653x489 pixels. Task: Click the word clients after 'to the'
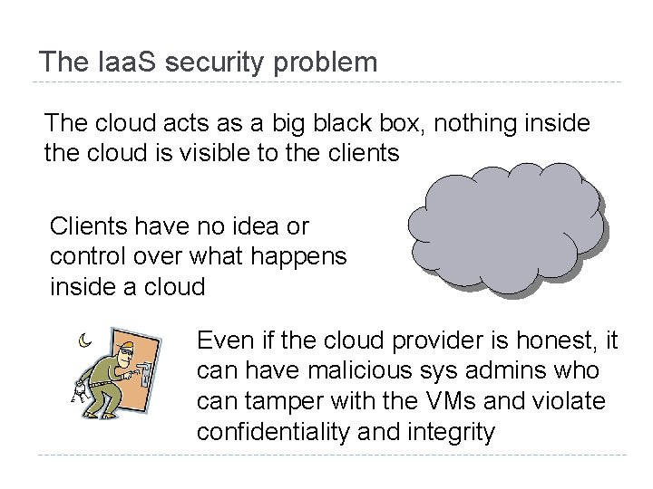click(x=356, y=153)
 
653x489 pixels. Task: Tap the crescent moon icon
click(x=83, y=341)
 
